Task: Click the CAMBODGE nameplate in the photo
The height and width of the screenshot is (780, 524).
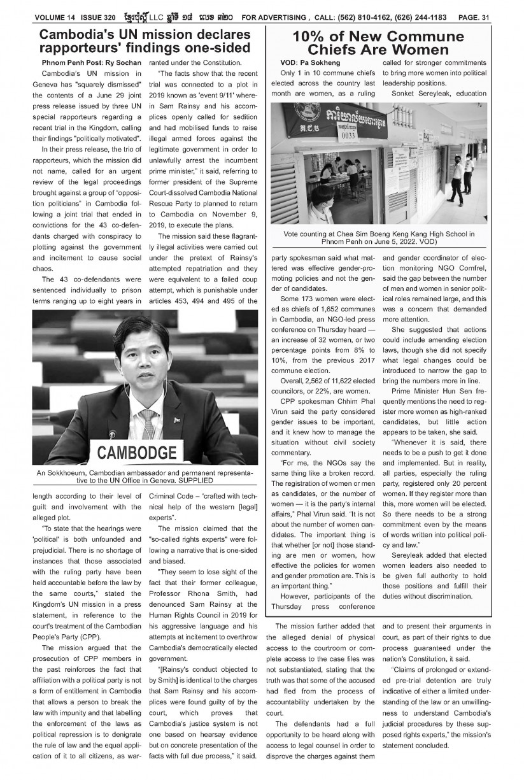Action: click(136, 454)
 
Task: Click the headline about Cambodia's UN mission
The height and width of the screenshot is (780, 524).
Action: click(143, 42)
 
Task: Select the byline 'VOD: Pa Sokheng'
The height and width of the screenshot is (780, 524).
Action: click(310, 63)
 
